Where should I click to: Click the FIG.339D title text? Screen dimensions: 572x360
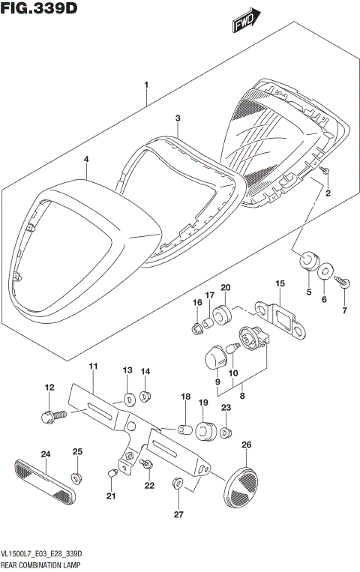pyautogui.click(x=37, y=10)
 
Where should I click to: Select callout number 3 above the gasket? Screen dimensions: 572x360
pyautogui.click(x=178, y=118)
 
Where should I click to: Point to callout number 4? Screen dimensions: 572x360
pyautogui.click(x=86, y=160)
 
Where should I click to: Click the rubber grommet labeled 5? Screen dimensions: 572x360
pyautogui.click(x=307, y=261)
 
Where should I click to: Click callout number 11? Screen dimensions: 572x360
pyautogui.click(x=93, y=366)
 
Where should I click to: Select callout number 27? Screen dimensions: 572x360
pyautogui.click(x=178, y=514)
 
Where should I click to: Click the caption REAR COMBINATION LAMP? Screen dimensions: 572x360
pyautogui.click(x=43, y=563)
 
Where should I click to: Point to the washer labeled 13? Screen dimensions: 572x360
pyautogui.click(x=127, y=398)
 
